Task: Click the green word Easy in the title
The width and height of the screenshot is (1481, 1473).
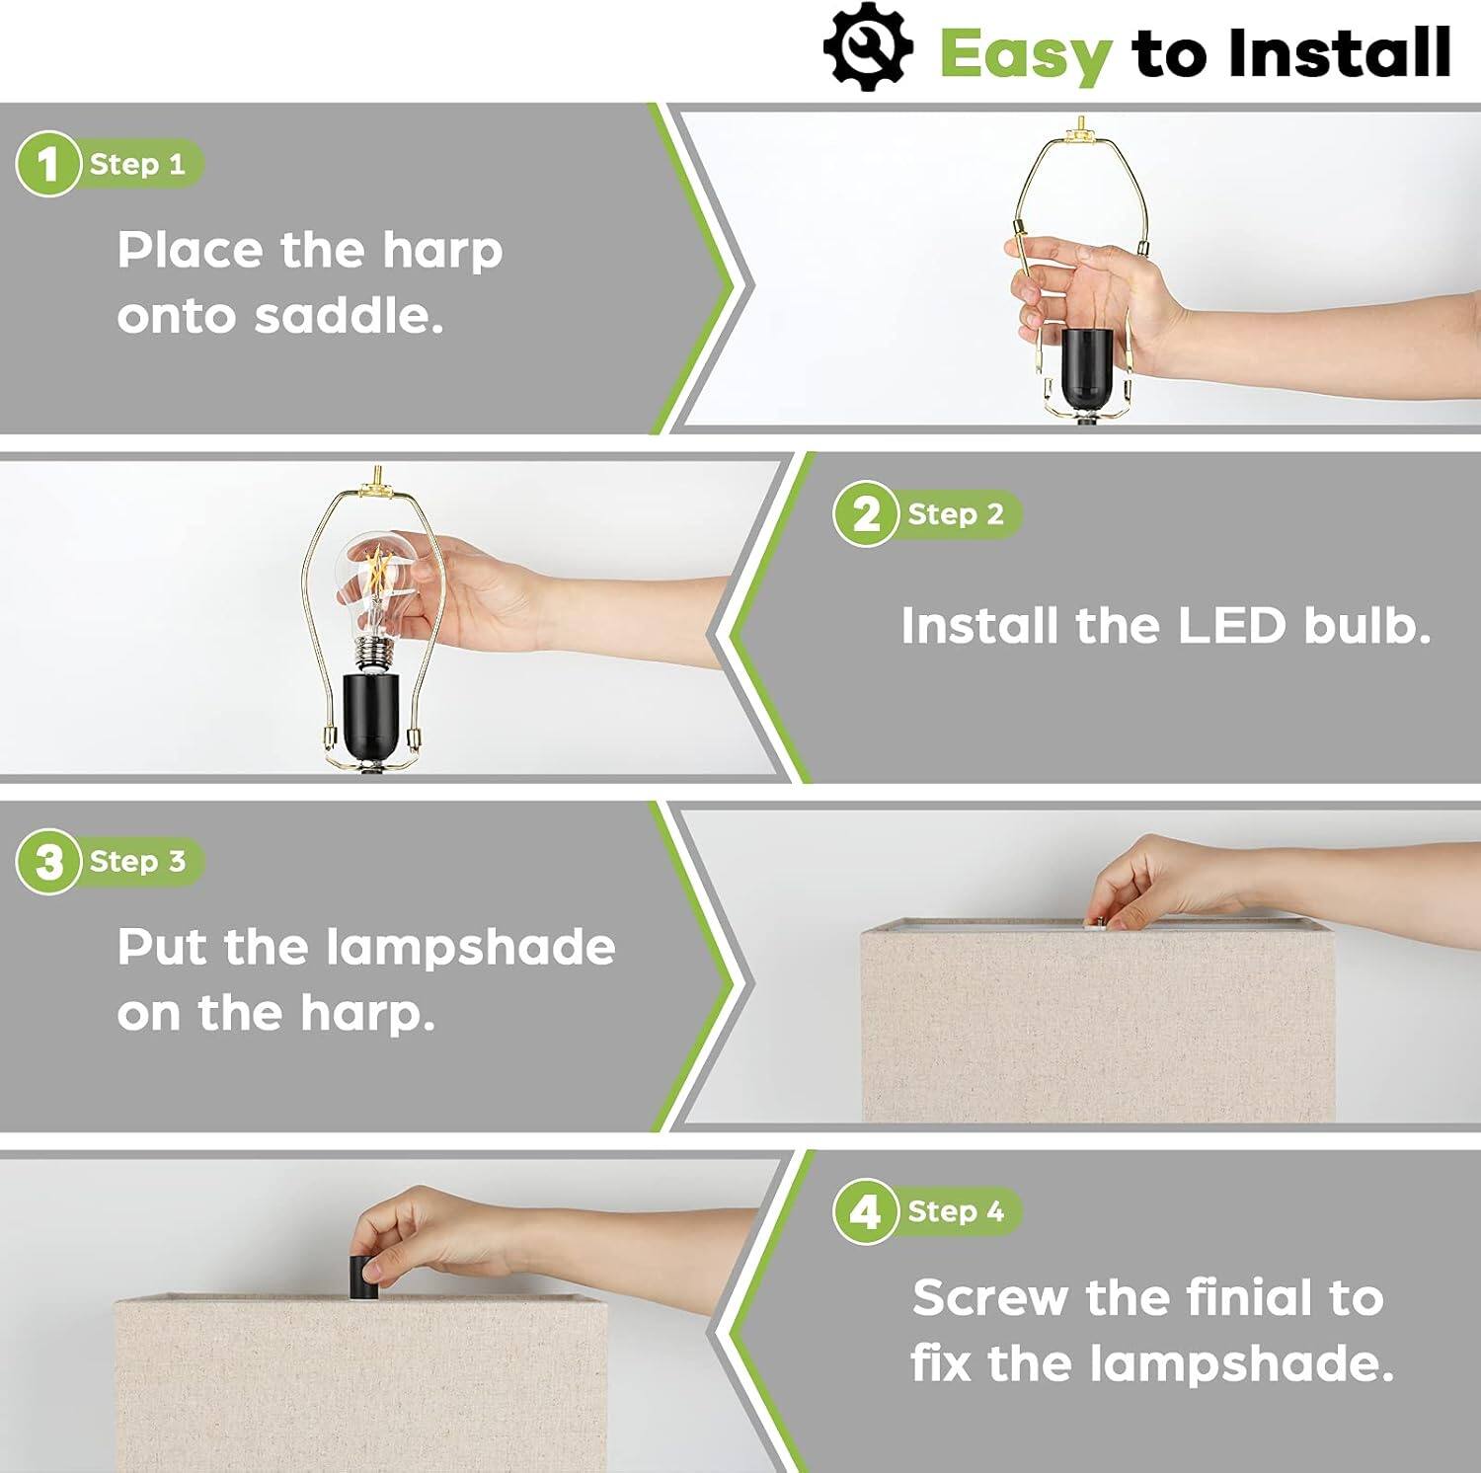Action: pos(1024,54)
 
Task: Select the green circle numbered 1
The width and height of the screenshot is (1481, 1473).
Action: pos(46,164)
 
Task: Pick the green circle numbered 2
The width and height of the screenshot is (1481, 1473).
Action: pos(865,514)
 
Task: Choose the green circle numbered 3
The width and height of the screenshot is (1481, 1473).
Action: pos(46,862)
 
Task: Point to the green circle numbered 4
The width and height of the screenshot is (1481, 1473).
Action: pos(865,1211)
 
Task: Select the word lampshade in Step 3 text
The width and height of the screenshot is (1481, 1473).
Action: pos(470,947)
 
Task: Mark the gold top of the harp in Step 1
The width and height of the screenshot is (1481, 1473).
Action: pos(1079,128)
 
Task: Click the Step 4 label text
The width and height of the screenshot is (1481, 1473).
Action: pos(955,1211)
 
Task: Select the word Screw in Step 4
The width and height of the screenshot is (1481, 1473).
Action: pos(989,1297)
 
